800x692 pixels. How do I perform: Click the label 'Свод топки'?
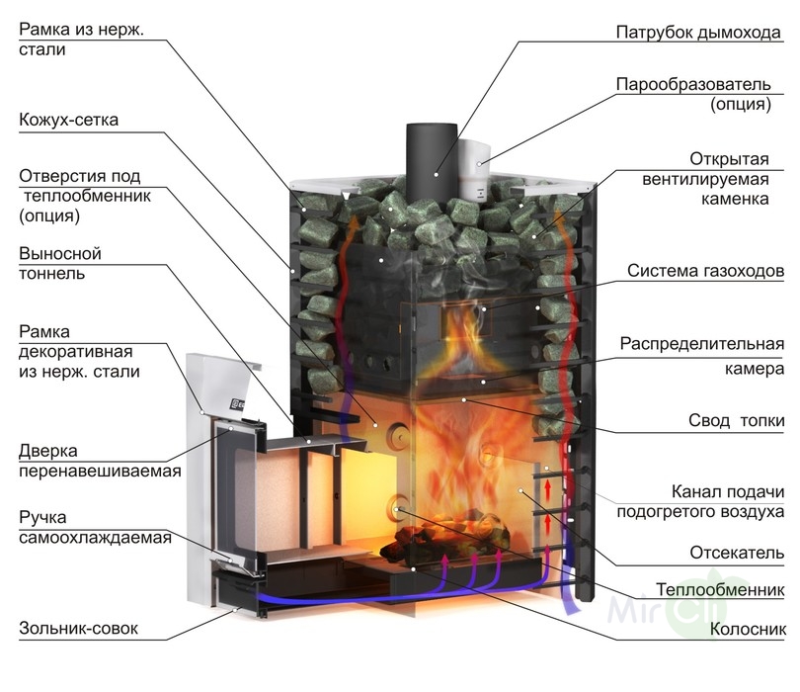click(736, 421)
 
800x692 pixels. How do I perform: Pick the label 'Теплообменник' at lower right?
click(721, 590)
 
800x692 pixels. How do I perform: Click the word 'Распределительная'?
click(702, 344)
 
